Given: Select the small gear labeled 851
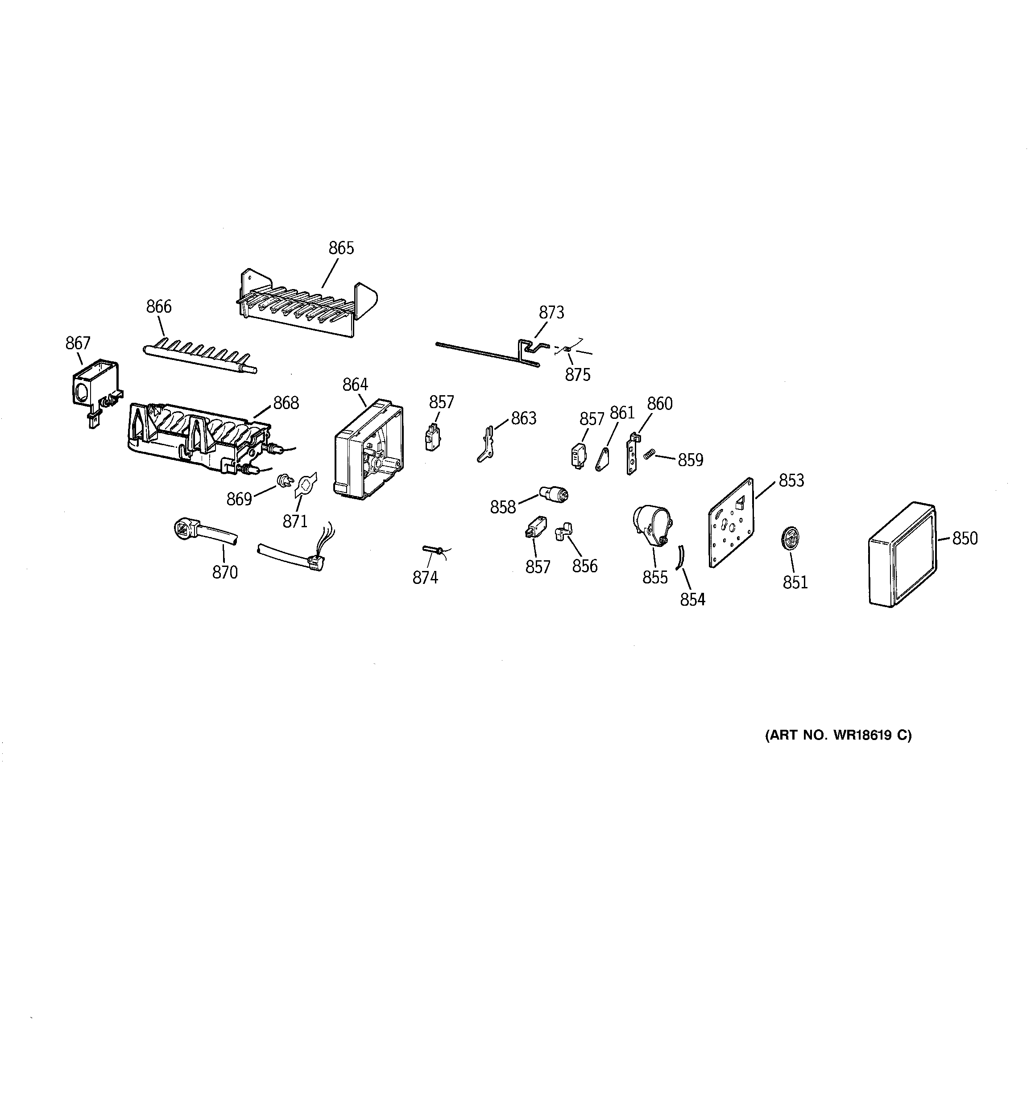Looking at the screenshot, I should click(790, 539).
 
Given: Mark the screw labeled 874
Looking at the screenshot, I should click(433, 550).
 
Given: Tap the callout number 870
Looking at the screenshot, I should click(224, 572).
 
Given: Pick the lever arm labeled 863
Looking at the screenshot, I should click(487, 444).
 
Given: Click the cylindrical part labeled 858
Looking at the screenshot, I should click(555, 494).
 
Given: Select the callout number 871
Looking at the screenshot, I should click(295, 521).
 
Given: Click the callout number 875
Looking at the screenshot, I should click(577, 375).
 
